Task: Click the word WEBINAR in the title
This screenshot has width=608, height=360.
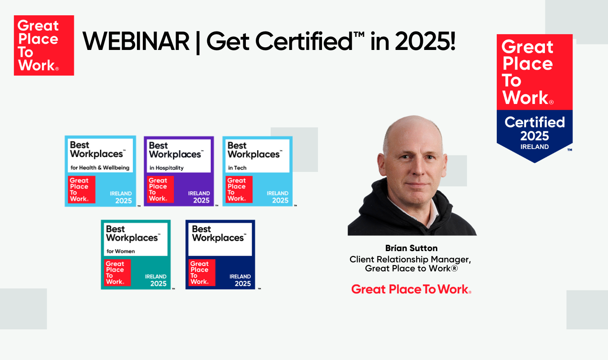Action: click(x=136, y=42)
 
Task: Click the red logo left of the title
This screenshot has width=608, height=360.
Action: click(x=44, y=45)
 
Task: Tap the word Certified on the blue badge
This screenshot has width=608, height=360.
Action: click(x=535, y=122)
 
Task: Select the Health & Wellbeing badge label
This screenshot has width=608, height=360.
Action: click(x=100, y=168)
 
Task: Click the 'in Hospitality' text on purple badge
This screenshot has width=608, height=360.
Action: click(x=166, y=168)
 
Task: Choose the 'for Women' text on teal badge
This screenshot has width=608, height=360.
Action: click(x=120, y=251)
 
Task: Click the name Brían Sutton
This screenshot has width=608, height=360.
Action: click(x=411, y=248)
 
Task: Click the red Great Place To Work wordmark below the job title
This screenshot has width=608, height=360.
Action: click(x=411, y=289)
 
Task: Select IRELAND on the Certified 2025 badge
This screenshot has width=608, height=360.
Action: click(x=535, y=147)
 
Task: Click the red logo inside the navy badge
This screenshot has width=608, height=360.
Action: click(x=202, y=273)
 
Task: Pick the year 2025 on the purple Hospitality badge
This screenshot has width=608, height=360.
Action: click(x=201, y=201)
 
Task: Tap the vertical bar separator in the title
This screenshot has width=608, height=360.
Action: click(x=198, y=42)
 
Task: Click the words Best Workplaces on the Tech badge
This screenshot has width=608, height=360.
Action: click(x=254, y=150)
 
